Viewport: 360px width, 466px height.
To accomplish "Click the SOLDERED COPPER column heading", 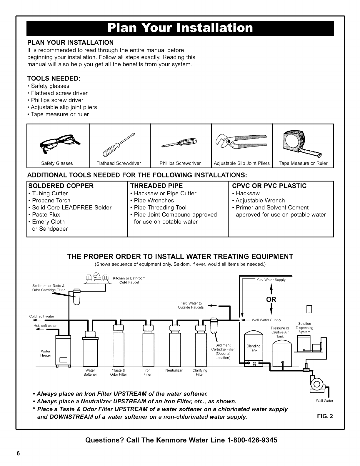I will pyautogui.click(x=61, y=186).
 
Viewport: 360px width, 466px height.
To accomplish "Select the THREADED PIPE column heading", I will pyautogui.click(x=156, y=186).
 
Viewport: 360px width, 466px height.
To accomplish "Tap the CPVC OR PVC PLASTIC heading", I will pyautogui.click(x=269, y=186).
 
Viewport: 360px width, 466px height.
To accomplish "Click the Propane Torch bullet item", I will pyautogui.click(x=51, y=201).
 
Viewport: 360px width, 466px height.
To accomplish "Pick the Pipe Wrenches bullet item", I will pyautogui.click(x=154, y=201).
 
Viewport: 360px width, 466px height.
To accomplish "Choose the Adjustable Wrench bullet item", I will pyautogui.click(x=260, y=201).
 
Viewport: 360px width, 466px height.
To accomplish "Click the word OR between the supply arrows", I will pyautogui.click(x=271, y=299).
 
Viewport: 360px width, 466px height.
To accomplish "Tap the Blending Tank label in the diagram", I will pyautogui.click(x=254, y=348).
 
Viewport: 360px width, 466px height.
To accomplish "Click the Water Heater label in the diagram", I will pyautogui.click(x=46, y=353).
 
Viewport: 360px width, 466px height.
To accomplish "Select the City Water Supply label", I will pyautogui.click(x=271, y=280).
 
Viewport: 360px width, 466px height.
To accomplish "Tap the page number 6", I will pyautogui.click(x=18, y=453).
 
